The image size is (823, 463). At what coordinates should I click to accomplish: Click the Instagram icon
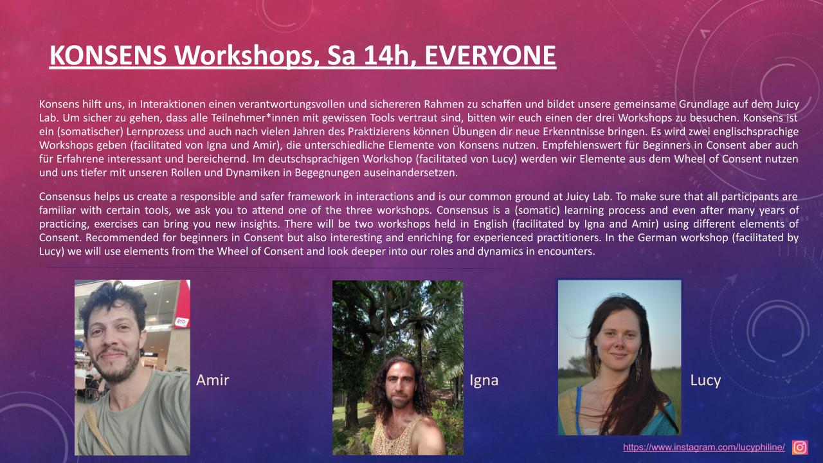pos(800,447)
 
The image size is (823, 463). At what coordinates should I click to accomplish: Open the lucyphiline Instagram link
pos(704,447)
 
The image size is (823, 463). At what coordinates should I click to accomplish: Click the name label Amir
pos(212,380)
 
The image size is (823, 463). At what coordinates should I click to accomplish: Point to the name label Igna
pos(484,380)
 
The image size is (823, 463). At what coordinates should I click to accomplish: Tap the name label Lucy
pos(705,380)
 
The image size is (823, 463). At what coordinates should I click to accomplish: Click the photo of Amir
pos(132,367)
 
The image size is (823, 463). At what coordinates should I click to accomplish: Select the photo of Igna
pos(397,367)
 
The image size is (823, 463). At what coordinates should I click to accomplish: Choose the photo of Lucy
pos(619,357)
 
